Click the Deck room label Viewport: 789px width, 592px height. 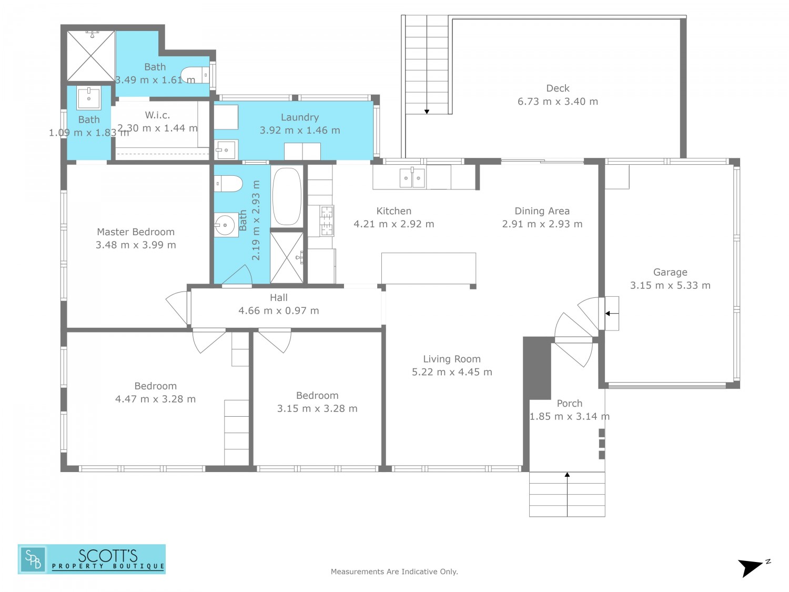coord(558,88)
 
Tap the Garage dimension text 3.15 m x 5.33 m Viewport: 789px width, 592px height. coord(670,285)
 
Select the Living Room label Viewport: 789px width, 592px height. coord(452,359)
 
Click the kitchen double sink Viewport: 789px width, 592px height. coord(412,178)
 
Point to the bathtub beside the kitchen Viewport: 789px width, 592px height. coord(287,196)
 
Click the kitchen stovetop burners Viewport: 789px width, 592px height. coord(327,220)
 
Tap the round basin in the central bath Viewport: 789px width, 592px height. coord(225,225)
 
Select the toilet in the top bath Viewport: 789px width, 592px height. coord(195,75)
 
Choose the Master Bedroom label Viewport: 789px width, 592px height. coord(136,232)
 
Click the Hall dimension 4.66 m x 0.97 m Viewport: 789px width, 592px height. coord(279,310)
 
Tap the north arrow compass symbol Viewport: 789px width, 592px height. coord(753,568)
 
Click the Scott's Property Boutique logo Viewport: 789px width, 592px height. coord(92,559)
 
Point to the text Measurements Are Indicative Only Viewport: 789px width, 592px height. coord(394,571)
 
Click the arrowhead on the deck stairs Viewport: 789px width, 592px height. coord(427,112)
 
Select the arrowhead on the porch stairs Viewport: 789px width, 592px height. coord(567,475)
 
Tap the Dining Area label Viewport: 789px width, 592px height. coord(542,211)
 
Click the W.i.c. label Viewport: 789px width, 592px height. coord(157,115)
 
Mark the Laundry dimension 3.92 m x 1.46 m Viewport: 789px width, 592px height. coord(300,130)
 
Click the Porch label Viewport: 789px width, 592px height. coord(569,403)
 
